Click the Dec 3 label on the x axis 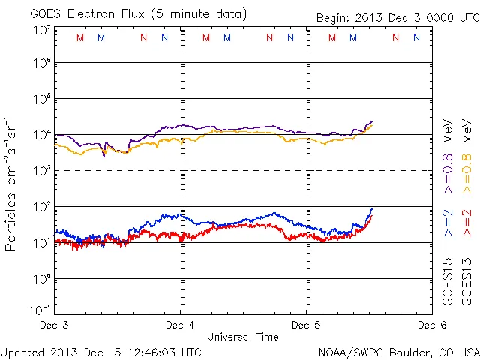[x=55, y=325]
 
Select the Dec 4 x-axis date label [x=180, y=325]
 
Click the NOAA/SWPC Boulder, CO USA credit [x=398, y=351]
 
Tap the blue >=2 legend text [x=448, y=223]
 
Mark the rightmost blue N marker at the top [x=417, y=37]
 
